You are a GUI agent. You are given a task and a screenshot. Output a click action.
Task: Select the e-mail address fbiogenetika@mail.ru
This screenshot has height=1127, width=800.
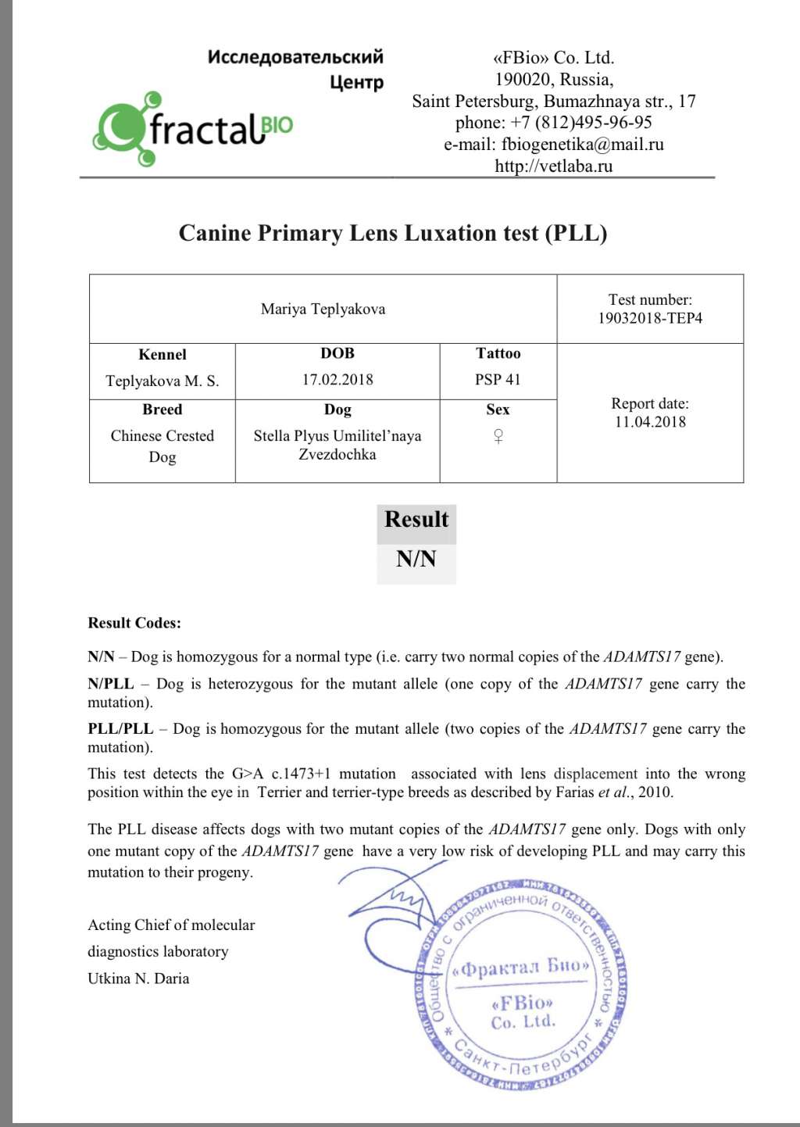(x=582, y=145)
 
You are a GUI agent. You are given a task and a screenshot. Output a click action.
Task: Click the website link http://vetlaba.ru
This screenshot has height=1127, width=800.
(x=553, y=166)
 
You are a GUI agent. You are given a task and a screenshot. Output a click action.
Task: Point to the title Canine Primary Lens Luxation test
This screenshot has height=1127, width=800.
(x=393, y=233)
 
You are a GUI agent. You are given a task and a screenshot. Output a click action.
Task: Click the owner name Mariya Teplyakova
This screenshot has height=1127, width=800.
(x=323, y=309)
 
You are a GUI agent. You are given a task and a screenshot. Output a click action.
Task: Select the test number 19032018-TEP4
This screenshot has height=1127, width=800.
(x=650, y=318)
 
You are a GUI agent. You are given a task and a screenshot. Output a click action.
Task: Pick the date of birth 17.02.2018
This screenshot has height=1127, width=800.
(x=337, y=380)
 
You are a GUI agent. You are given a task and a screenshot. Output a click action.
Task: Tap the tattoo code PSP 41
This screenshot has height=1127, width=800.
(x=498, y=380)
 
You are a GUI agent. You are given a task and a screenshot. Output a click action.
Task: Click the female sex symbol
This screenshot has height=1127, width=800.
(x=498, y=436)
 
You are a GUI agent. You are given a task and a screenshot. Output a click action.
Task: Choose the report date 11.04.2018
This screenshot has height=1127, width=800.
(x=650, y=422)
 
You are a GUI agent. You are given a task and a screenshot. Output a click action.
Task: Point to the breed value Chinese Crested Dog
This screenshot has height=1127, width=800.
(x=162, y=445)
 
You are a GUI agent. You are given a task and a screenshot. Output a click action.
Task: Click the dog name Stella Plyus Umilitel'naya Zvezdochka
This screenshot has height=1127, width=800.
(x=337, y=445)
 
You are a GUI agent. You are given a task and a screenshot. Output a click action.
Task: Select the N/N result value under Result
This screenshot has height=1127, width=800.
(x=416, y=559)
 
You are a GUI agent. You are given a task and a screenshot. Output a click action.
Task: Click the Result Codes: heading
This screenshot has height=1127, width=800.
(x=134, y=623)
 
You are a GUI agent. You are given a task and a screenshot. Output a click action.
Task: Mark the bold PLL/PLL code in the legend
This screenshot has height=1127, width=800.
(x=120, y=728)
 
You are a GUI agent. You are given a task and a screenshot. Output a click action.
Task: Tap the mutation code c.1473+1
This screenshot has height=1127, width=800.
(x=301, y=774)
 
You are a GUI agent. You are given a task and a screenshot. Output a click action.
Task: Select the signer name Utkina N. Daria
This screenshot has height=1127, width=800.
(x=138, y=979)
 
